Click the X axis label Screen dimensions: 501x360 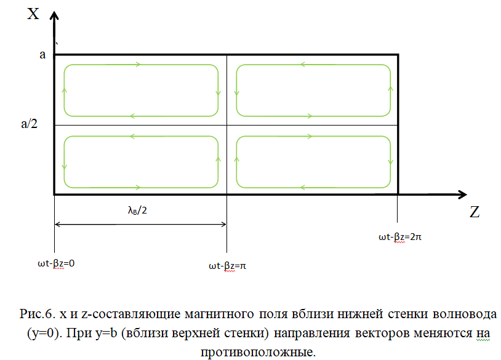33,14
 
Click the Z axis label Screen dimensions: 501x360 475,212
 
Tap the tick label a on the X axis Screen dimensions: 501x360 42,55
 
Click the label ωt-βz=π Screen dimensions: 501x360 228,266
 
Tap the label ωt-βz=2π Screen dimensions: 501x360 399,236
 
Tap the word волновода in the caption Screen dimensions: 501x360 468,314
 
